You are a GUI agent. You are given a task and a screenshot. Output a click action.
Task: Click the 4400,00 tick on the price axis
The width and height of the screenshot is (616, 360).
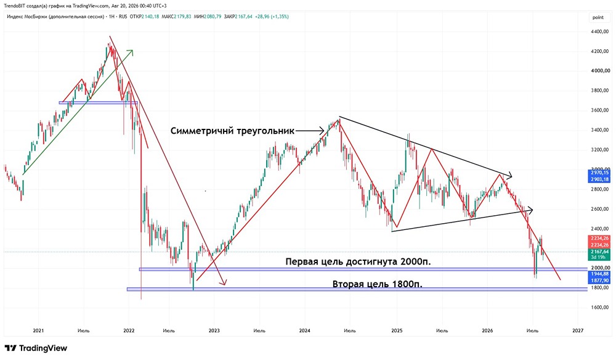pos(601,31)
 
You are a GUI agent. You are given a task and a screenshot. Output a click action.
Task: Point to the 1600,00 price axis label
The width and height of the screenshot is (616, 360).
pos(601,308)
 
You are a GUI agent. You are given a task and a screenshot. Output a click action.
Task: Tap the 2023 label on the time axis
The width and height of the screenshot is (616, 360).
pos(214,330)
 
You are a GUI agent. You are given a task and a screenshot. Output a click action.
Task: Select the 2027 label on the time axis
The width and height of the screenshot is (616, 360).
pos(578,330)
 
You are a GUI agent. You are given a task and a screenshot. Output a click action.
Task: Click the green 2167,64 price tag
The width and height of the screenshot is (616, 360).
pos(600,252)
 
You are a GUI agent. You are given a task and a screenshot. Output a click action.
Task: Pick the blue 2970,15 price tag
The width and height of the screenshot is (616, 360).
pos(600,173)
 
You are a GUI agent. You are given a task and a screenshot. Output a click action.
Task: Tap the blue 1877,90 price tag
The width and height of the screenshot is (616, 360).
pos(600,280)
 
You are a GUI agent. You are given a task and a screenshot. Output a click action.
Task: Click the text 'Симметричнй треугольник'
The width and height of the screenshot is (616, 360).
pos(232,131)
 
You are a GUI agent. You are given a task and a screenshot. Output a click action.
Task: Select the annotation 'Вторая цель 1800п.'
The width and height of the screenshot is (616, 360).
pos(377,284)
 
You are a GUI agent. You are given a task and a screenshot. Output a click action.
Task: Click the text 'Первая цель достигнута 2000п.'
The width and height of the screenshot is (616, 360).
pos(358,262)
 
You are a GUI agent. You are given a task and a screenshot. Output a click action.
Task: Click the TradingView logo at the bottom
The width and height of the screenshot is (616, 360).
pos(36,348)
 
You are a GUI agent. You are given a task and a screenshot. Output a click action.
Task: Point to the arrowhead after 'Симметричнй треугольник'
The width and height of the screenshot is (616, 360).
pos(322,131)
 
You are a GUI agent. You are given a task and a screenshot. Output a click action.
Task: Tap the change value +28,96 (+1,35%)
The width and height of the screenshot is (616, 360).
pos(272,17)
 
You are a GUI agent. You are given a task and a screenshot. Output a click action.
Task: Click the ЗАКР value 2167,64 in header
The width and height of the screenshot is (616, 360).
pos(243,17)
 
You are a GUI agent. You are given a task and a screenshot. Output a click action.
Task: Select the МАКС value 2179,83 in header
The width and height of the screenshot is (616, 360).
pos(182,17)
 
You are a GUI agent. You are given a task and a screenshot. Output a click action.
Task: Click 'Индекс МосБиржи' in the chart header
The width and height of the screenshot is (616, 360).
pos(27,17)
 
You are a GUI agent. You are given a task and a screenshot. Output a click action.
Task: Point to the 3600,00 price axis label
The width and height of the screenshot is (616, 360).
pos(601,110)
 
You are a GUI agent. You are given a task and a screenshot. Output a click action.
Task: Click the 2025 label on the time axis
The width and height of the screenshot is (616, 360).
pos(397,330)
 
